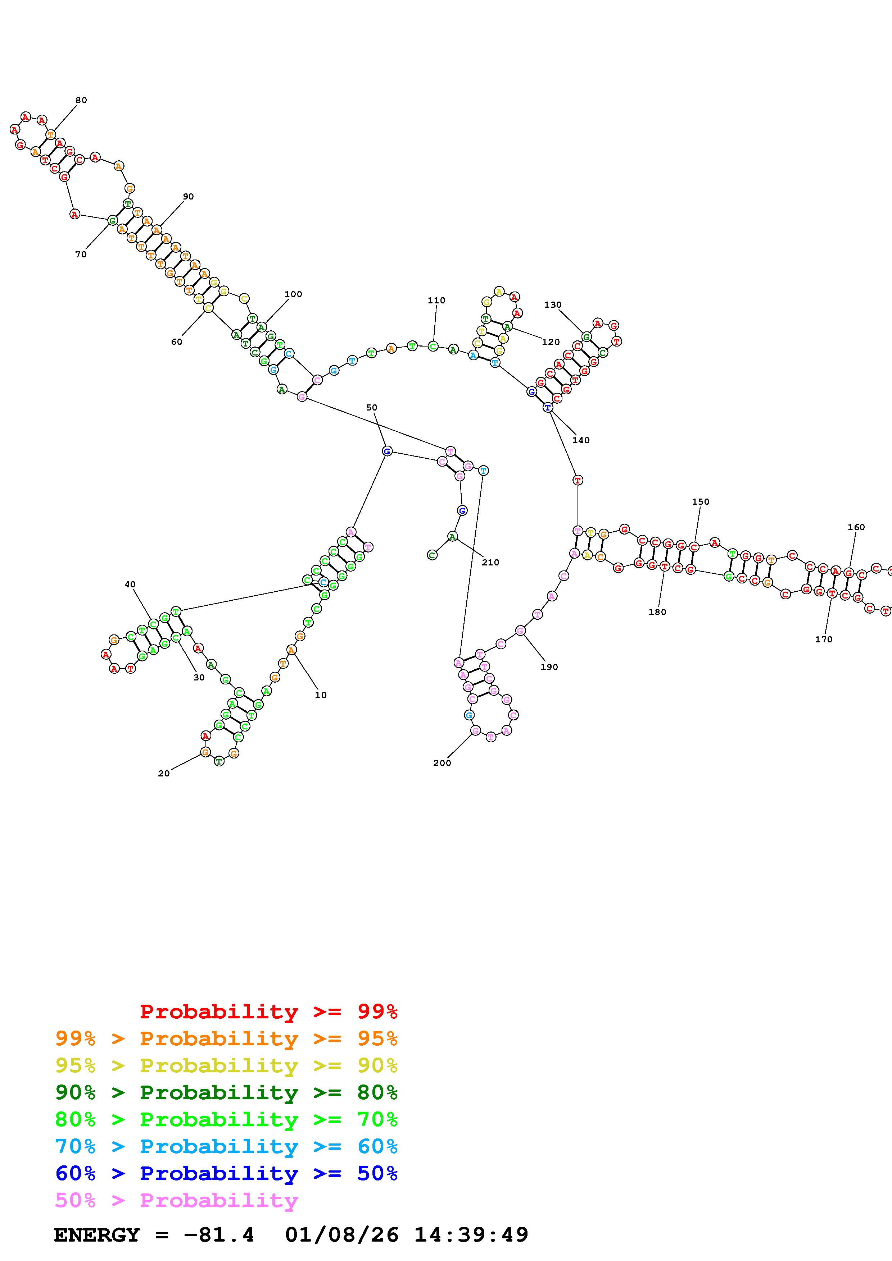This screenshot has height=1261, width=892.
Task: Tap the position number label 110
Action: tap(436, 301)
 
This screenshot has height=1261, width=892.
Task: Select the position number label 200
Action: tap(442, 763)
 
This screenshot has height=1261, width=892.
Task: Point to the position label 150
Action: tap(701, 501)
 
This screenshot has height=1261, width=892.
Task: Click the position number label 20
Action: tap(164, 773)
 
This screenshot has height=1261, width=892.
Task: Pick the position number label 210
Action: tap(490, 563)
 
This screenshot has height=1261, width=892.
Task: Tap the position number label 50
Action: tap(372, 408)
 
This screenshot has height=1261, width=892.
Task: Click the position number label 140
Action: tap(581, 440)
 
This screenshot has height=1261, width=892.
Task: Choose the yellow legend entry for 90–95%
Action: tap(226, 1065)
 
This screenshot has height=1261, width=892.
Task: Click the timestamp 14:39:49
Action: tap(471, 1235)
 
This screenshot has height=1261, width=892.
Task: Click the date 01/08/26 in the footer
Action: tap(342, 1235)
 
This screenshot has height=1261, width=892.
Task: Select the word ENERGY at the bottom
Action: tap(97, 1235)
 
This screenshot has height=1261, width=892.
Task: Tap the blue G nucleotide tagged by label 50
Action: tap(387, 451)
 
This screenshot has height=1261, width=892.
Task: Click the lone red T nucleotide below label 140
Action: tap(578, 480)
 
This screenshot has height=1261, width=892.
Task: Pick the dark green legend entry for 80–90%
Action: tap(226, 1092)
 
